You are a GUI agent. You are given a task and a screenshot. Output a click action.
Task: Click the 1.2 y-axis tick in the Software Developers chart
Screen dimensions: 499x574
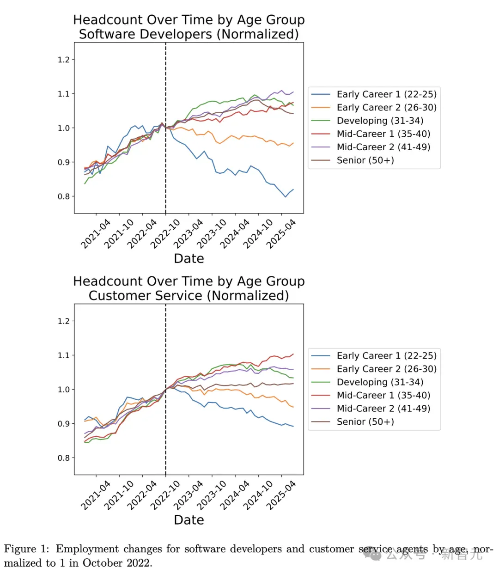[63, 60]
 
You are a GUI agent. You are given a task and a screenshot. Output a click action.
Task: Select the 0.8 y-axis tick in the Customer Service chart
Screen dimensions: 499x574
[63, 458]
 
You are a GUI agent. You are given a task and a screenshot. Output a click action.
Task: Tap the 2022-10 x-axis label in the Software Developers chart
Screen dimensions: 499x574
[165, 234]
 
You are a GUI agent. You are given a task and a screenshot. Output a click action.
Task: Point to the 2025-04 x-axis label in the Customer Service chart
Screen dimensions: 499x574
[281, 495]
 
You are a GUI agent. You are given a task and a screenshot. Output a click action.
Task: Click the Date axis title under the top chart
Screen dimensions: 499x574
[189, 258]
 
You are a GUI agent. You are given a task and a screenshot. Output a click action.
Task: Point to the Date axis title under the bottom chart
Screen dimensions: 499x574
[189, 520]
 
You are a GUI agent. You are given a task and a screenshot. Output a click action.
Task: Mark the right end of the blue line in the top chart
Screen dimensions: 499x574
[293, 189]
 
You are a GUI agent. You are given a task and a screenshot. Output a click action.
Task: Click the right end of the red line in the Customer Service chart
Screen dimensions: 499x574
[293, 354]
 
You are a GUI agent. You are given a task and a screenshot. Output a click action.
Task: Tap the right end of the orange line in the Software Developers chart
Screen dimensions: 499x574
[293, 143]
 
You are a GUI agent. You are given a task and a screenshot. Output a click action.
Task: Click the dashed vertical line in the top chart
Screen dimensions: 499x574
[165, 128]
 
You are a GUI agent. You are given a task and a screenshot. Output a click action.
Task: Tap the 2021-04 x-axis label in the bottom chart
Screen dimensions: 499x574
[95, 495]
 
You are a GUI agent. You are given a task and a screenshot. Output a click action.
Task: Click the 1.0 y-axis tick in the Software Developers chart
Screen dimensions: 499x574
[63, 128]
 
